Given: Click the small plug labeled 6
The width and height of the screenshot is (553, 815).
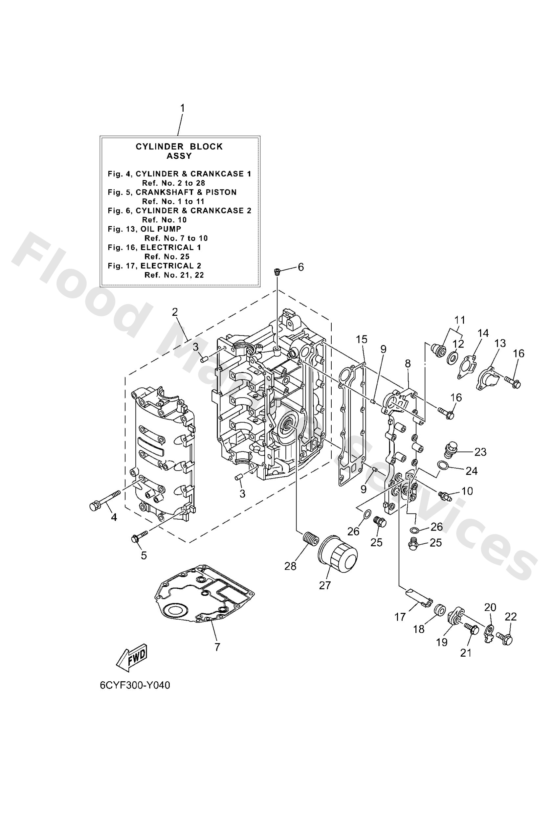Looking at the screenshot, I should (x=277, y=272).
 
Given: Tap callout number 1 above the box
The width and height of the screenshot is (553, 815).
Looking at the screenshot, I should (x=182, y=108).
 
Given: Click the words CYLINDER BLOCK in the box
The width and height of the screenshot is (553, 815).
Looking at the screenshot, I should (x=179, y=147).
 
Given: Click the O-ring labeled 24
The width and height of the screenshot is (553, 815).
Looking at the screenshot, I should (x=443, y=465).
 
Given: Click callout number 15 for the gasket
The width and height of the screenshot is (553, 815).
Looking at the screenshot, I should (x=362, y=339).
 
